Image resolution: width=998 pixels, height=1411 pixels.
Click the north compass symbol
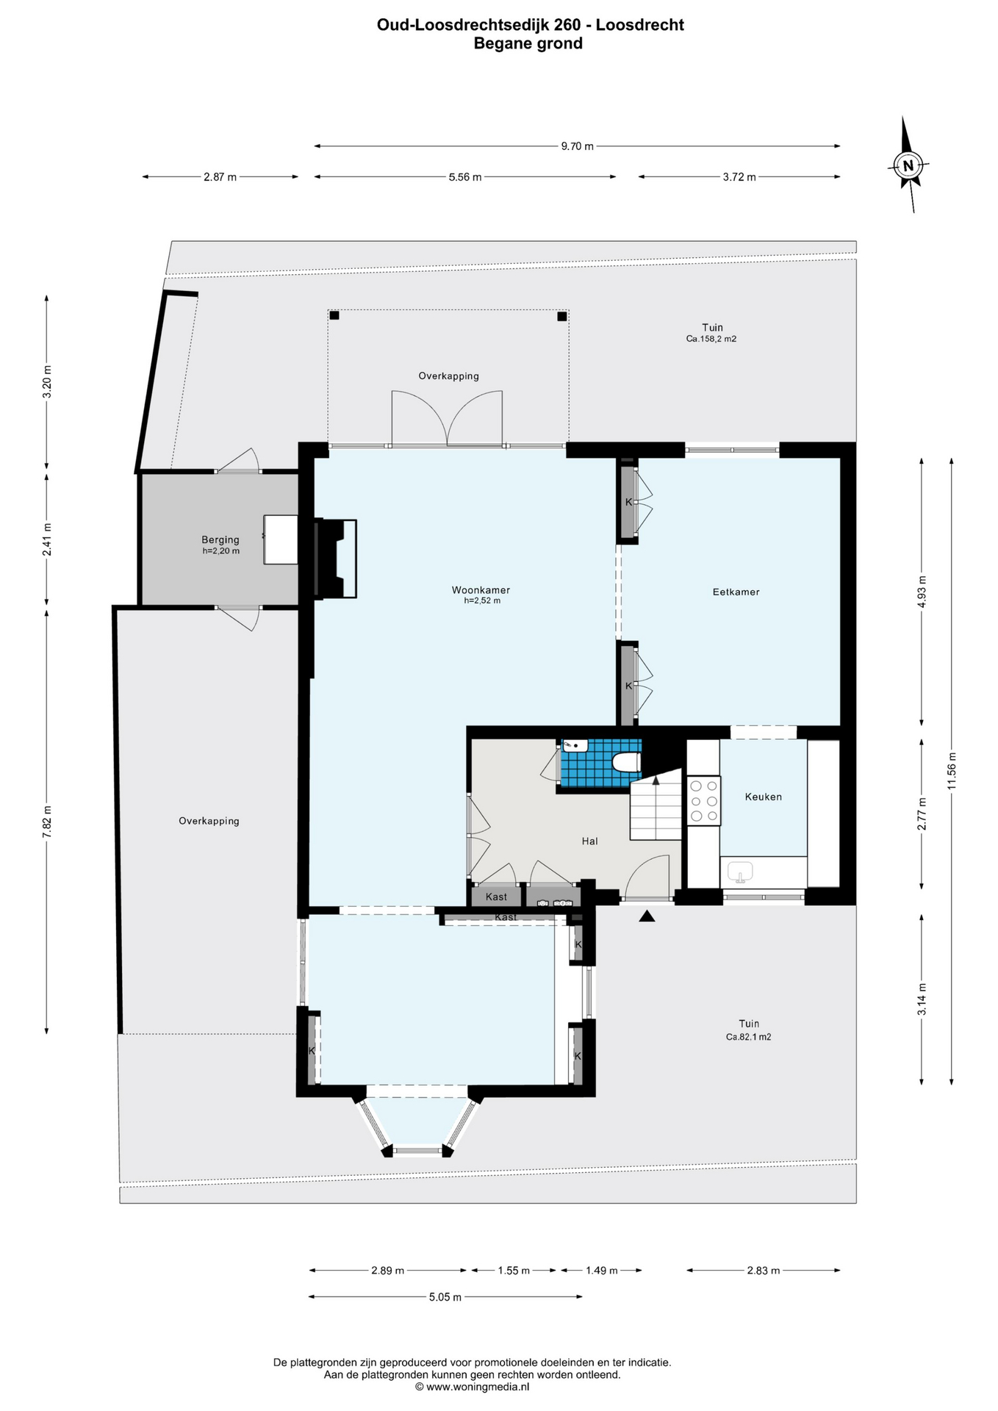click(x=908, y=165)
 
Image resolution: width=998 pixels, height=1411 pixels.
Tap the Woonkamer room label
click(x=481, y=590)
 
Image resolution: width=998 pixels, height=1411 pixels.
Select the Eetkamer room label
click(x=736, y=592)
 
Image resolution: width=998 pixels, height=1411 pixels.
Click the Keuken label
click(x=763, y=797)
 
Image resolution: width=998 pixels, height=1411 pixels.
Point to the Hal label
click(x=589, y=841)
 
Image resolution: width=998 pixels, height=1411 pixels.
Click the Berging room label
click(x=220, y=539)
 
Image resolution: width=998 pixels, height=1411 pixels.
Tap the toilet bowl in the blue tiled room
click(x=626, y=762)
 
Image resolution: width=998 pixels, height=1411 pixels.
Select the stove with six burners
click(x=703, y=800)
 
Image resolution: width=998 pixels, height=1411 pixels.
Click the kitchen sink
click(x=741, y=872)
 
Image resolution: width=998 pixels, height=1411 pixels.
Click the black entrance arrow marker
click(x=647, y=916)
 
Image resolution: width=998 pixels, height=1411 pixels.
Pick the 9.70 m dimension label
click(x=577, y=146)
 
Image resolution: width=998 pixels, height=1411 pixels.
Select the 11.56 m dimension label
click(x=952, y=771)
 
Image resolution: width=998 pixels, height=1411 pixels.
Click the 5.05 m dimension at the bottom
click(x=445, y=1297)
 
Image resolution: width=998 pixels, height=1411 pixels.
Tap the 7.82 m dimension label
click(x=47, y=821)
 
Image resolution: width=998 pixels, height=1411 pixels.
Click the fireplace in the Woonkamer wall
click(x=335, y=559)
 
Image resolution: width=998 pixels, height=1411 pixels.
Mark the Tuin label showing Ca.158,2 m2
click(x=711, y=333)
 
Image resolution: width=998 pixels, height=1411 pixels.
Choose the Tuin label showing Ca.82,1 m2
click(x=749, y=1030)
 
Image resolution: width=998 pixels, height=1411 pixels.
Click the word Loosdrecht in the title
click(x=640, y=25)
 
